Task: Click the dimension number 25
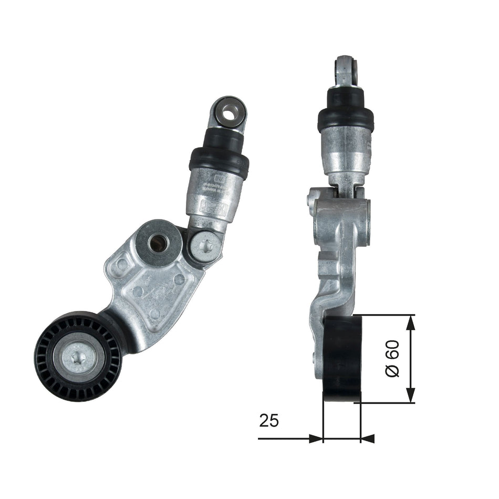coord(268,420)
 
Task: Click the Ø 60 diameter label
coord(392,358)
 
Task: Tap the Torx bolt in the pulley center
coord(79,358)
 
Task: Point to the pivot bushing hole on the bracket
coord(158,243)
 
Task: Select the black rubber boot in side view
coord(346,111)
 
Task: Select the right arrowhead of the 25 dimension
coord(368,438)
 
